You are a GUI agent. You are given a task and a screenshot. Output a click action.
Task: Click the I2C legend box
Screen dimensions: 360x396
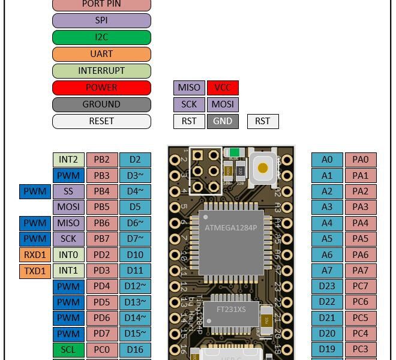[x=101, y=37]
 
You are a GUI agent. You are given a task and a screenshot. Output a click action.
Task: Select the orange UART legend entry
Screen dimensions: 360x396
[x=101, y=54]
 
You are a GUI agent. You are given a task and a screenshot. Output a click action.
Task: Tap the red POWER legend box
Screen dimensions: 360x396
[x=101, y=88]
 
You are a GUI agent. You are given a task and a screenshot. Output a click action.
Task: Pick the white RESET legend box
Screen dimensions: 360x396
[x=101, y=121]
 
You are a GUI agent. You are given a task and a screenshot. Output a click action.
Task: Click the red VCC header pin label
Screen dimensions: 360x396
[x=223, y=88]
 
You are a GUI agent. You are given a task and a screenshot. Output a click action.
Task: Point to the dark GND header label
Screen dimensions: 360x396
[x=223, y=121]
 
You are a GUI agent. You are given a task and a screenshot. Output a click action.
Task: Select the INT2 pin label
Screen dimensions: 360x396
[x=68, y=160]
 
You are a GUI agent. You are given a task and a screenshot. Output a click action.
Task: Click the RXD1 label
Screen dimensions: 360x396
[x=35, y=255]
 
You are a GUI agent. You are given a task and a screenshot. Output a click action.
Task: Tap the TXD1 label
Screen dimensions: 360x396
[x=35, y=271]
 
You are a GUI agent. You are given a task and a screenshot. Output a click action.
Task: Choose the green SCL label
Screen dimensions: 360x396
[x=68, y=350]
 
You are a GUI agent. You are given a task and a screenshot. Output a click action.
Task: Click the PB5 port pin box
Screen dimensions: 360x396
[x=102, y=207]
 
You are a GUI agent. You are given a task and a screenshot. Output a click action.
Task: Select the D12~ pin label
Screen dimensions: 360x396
[x=135, y=286]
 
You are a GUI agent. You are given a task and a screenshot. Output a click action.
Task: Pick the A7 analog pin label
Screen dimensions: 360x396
[x=327, y=271]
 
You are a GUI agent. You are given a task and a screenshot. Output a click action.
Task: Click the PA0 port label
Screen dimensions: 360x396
[x=361, y=160]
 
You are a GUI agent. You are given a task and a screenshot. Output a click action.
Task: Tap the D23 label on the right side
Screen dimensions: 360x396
[x=327, y=286]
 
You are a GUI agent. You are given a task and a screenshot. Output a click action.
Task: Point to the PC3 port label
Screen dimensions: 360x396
[x=361, y=350]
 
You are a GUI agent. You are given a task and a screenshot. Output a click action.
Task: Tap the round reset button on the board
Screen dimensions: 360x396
[x=263, y=168]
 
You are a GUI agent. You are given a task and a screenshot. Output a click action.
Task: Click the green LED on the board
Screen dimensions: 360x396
[x=235, y=152]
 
